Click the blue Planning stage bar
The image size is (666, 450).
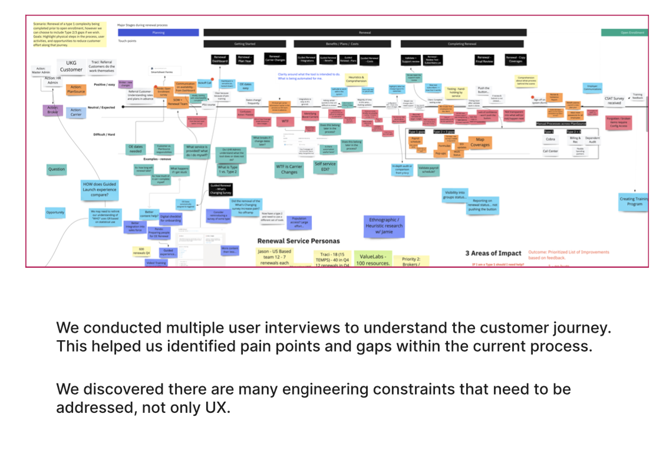pos(159,33)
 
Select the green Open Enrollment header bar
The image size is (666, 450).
pos(624,33)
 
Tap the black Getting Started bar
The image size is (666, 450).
pos(245,44)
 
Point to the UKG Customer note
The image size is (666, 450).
pos(71,66)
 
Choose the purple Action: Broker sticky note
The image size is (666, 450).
pos(52,110)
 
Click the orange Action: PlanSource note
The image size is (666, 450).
pos(76,89)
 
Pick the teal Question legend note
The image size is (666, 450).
pos(57,169)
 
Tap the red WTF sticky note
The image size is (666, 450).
pos(285,121)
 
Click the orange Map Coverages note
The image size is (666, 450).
pos(480,142)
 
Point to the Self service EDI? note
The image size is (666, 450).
pos(325,167)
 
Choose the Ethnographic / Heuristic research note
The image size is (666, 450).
pos(384,225)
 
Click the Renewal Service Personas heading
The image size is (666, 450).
pos(298,241)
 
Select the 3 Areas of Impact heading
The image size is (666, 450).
pos(493,253)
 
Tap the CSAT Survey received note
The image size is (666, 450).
pos(614,101)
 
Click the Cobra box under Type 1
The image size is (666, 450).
pos(550,139)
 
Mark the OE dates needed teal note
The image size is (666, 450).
pos(136,148)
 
